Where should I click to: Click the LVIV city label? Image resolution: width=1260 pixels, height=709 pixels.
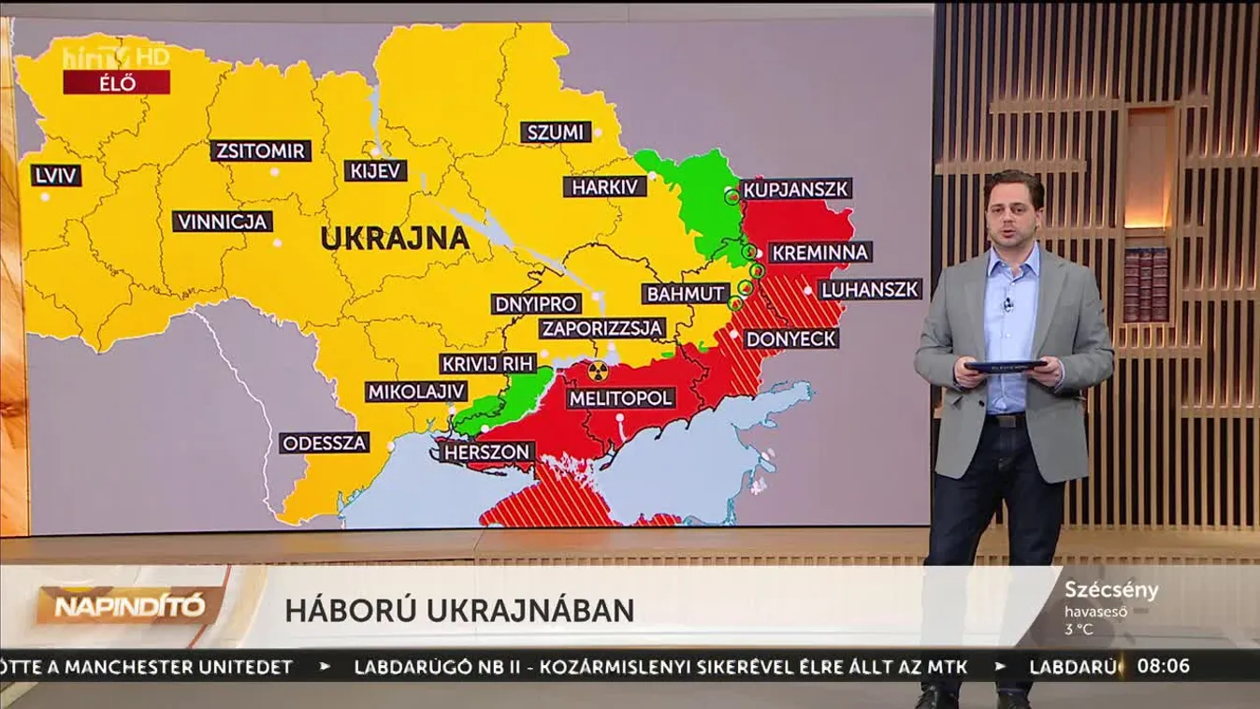point(55,176)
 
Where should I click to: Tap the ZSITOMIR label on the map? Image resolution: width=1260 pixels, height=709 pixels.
point(260,151)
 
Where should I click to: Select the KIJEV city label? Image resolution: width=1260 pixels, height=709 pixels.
point(376,170)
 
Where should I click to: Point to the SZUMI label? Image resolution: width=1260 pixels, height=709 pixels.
point(556,132)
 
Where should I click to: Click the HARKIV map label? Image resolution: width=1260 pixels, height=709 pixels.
point(605,187)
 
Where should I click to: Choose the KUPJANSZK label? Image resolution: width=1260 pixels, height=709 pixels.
point(795,189)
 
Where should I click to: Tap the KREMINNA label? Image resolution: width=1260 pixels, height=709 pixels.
point(820,253)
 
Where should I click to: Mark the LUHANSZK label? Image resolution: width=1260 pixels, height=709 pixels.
point(869,289)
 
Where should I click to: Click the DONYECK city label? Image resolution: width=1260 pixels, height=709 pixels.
point(791,339)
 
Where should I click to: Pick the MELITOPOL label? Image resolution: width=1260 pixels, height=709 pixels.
point(620,398)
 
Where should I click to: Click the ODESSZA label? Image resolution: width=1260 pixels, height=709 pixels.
point(325,442)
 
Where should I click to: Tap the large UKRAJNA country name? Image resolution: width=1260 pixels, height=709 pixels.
point(395,239)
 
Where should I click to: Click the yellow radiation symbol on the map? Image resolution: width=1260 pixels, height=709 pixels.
point(598,370)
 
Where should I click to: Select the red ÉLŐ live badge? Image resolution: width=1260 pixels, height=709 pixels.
point(116,83)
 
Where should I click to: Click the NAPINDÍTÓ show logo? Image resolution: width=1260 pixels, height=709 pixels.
point(129,606)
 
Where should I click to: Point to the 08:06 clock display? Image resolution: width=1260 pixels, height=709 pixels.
point(1163,667)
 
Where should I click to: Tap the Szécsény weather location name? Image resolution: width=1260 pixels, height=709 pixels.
point(1111,591)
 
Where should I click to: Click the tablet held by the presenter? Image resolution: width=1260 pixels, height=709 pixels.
point(1005,366)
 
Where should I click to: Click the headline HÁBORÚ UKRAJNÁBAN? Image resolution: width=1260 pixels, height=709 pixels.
point(459,611)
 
